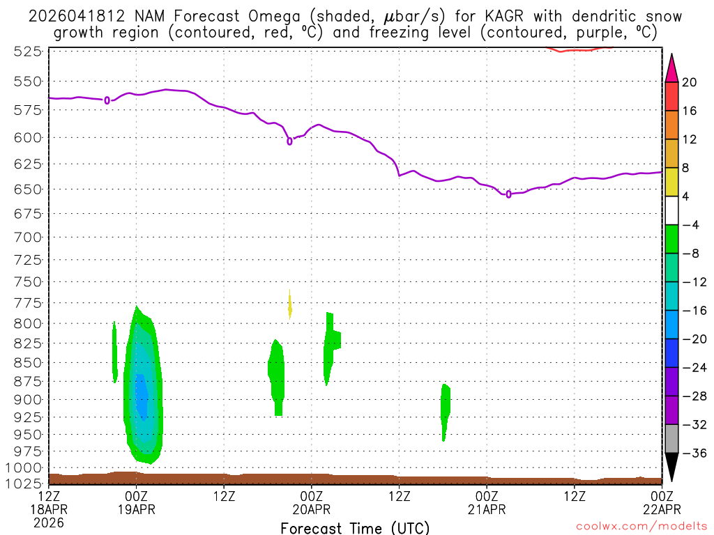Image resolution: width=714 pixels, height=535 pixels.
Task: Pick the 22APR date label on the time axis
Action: tap(661, 509)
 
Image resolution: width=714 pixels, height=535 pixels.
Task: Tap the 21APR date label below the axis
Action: tap(487, 509)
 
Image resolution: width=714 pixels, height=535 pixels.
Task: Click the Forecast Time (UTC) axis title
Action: tap(355, 527)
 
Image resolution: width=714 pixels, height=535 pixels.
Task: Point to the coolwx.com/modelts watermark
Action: tap(639, 527)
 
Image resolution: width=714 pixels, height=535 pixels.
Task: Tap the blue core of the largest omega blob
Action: tap(142, 395)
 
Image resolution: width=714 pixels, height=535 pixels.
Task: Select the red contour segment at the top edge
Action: tap(579, 49)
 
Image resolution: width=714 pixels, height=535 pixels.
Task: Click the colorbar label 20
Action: tap(690, 82)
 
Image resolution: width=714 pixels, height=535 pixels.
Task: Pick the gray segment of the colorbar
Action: tap(671, 439)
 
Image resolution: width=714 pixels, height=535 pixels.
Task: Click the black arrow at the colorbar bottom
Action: tap(671, 466)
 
